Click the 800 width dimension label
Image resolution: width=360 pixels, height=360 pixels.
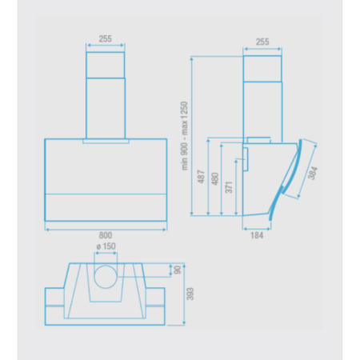[x=106, y=235]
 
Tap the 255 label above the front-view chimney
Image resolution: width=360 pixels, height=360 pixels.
[x=106, y=38]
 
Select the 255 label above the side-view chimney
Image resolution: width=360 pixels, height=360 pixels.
[x=262, y=42]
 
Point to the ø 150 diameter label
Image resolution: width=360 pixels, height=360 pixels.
[x=106, y=246]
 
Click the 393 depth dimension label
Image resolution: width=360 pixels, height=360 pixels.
[x=190, y=294]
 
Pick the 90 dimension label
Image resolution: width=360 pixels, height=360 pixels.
[x=178, y=270]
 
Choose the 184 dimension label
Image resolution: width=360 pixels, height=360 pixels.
[x=257, y=235]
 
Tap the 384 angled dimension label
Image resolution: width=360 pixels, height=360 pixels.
[x=313, y=173]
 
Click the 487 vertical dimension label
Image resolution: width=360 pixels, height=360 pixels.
[x=202, y=177]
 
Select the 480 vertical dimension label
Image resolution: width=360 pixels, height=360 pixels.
[x=214, y=178]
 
